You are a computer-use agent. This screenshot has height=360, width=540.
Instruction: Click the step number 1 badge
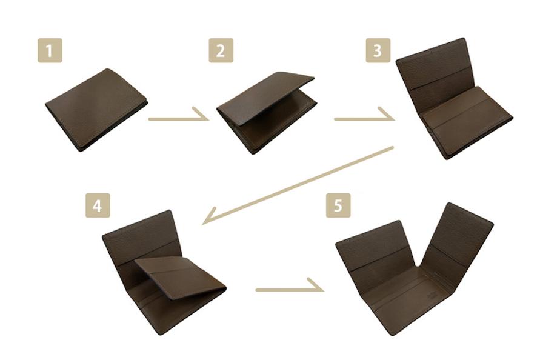[50, 50]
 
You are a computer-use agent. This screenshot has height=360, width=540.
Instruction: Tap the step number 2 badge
[221, 50]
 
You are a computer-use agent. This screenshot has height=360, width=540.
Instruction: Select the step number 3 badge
[378, 50]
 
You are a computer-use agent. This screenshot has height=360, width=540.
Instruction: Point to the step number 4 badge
[98, 205]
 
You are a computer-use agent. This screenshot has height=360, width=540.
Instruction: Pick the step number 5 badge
[339, 205]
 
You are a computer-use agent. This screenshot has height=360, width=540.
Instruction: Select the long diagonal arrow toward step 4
[298, 185]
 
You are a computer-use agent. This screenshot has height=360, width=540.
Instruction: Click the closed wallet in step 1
[96, 110]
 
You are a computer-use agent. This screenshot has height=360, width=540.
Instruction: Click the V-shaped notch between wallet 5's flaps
[418, 265]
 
